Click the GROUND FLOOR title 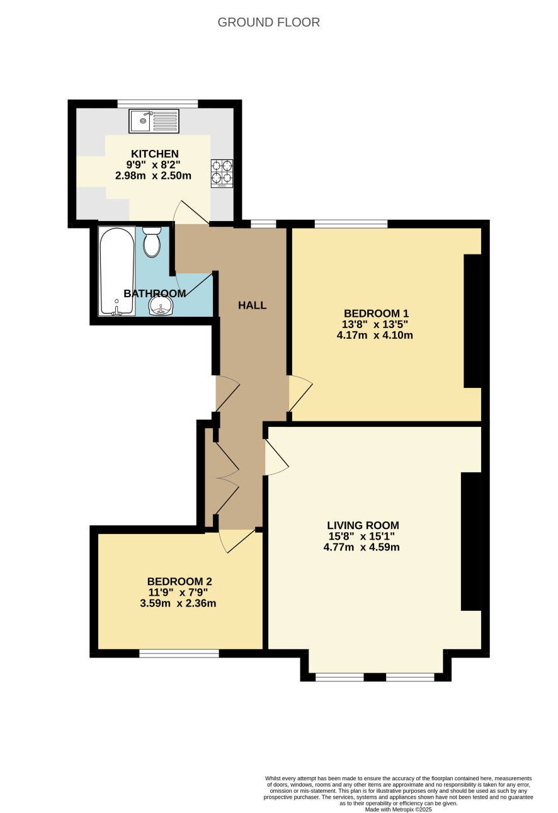(x=269, y=23)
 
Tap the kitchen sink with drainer (x=154, y=121)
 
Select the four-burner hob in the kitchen (x=222, y=173)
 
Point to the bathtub (x=117, y=271)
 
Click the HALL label (x=253, y=305)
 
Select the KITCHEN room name (x=155, y=154)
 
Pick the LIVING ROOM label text (x=363, y=525)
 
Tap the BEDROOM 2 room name (x=179, y=581)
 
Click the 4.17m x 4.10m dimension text (x=375, y=334)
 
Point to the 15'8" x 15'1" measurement (x=362, y=536)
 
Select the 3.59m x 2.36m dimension (x=178, y=603)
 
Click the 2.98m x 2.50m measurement (x=153, y=176)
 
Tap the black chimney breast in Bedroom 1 (x=472, y=321)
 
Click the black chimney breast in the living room (x=471, y=541)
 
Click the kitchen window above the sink (x=158, y=103)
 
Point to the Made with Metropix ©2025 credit (x=398, y=809)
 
